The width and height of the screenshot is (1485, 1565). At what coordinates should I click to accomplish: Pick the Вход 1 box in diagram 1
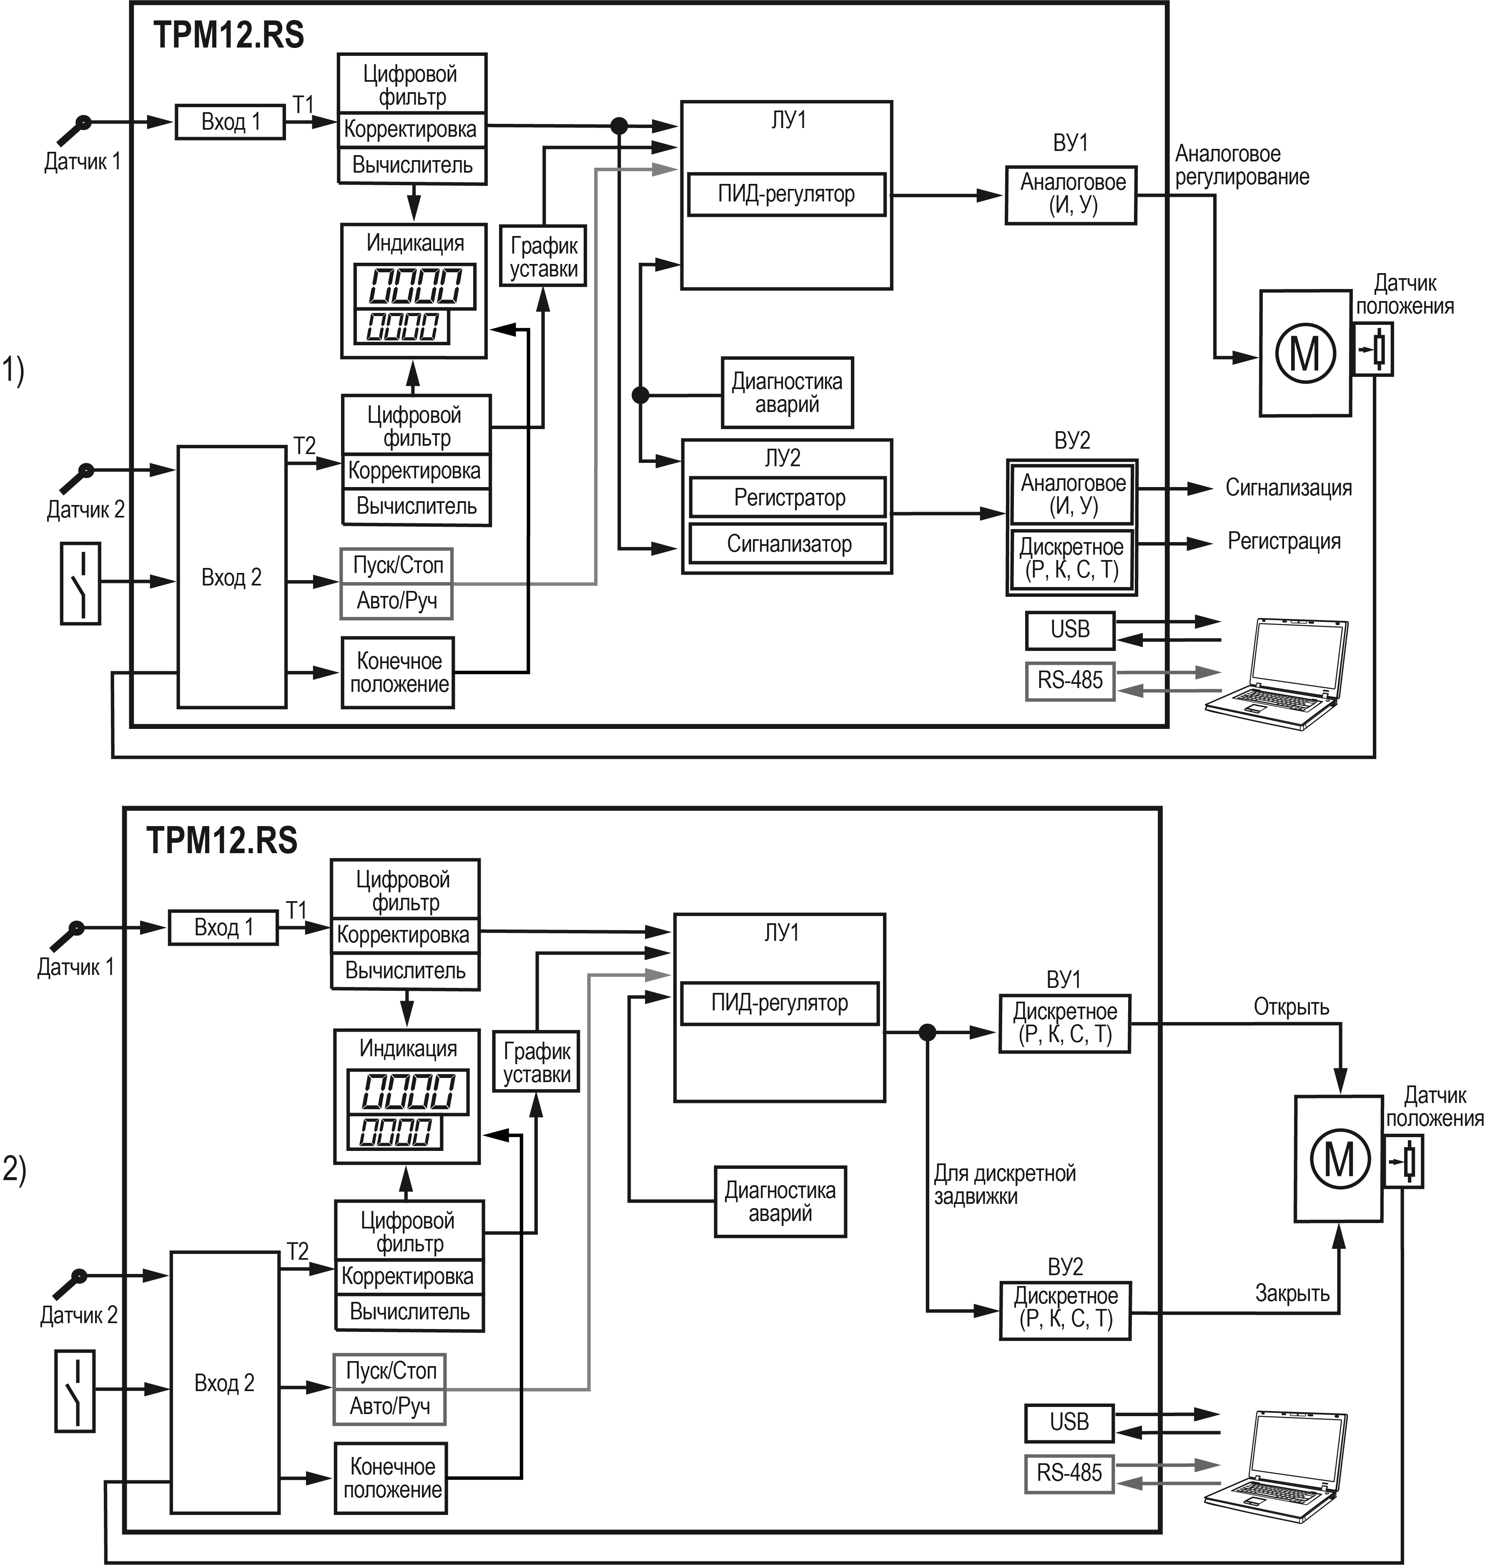click(x=230, y=122)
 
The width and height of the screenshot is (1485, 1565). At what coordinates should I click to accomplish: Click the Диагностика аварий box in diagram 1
click(x=787, y=393)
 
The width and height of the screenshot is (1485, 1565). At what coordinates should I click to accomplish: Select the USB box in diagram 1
click(x=1069, y=629)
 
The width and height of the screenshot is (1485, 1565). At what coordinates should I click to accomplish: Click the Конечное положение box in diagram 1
click(x=398, y=672)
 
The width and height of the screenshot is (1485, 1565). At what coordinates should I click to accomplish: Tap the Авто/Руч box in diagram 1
click(x=396, y=601)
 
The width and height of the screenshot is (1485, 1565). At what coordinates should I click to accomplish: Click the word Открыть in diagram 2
click(x=1291, y=1007)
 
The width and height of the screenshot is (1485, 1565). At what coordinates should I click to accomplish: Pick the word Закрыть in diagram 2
click(x=1292, y=1294)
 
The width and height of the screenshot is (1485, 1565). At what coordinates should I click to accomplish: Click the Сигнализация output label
click(x=1288, y=487)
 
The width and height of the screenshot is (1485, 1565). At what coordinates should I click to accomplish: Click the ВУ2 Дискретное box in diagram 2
click(x=1065, y=1308)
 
